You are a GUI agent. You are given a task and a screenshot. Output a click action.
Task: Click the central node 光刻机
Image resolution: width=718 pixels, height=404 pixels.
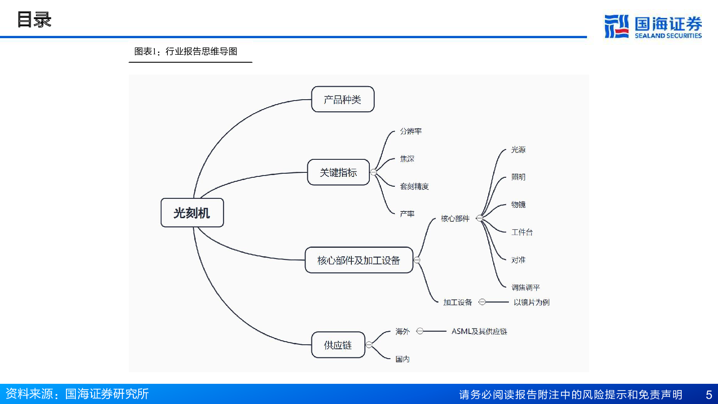192,213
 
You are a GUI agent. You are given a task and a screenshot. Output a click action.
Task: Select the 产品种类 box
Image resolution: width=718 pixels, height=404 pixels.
343,99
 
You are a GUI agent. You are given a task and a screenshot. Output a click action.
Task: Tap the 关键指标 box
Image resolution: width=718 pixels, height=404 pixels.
338,172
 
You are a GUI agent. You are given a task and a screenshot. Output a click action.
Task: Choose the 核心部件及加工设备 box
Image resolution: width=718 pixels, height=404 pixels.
359,260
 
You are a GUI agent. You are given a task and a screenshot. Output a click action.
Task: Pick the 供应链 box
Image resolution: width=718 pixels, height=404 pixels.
338,345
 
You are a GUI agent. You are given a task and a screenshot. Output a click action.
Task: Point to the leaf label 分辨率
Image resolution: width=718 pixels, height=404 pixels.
411,131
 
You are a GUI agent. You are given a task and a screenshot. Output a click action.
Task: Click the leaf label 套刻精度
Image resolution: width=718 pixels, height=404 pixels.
414,186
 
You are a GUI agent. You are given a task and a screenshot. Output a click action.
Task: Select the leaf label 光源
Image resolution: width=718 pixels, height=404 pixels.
518,149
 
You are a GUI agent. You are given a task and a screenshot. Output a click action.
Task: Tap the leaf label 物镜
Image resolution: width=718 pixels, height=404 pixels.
518,205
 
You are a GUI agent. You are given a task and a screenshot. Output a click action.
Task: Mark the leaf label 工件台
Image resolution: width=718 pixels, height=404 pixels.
522,232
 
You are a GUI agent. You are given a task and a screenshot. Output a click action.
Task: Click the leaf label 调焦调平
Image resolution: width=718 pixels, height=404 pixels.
525,288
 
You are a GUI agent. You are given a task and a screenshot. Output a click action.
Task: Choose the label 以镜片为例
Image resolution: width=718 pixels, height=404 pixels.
531,302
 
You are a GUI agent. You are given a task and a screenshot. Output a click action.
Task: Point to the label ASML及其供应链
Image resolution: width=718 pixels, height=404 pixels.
479,331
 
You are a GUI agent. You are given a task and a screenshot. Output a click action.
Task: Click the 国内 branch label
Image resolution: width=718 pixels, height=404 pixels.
402,359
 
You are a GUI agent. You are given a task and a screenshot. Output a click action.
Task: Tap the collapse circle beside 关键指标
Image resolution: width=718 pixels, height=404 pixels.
373,172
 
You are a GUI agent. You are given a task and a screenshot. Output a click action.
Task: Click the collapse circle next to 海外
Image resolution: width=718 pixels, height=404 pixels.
420,331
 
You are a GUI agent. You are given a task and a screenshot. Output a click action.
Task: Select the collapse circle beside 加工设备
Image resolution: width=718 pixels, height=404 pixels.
482,302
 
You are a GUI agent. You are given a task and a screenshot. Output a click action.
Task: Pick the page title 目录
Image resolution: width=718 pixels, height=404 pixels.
34,20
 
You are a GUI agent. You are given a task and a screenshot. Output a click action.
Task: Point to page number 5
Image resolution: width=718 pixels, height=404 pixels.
709,395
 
